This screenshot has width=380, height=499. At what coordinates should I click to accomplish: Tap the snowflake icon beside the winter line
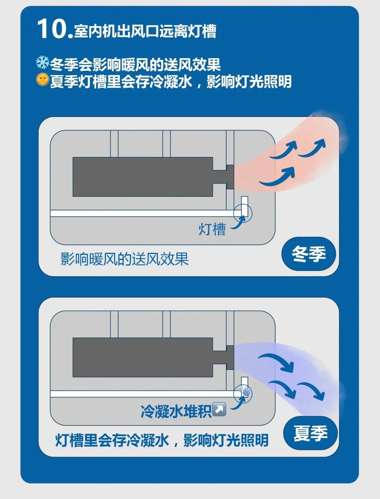tap(43, 62)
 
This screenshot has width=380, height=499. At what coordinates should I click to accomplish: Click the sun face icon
tap(43, 80)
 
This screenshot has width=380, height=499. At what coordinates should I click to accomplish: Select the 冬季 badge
tap(308, 254)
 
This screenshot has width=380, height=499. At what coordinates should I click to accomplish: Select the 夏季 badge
tap(310, 433)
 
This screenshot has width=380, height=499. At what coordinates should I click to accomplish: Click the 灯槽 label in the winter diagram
tap(212, 229)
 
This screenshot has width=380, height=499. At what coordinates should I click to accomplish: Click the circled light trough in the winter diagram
tap(243, 213)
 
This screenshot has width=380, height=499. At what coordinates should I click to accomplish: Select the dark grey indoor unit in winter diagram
tap(143, 177)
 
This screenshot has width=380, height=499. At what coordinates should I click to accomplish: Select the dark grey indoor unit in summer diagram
tap(143, 357)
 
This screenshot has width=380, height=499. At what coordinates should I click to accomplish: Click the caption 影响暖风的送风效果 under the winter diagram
tap(125, 259)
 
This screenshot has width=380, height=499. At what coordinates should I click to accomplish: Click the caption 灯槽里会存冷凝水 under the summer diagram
tap(112, 440)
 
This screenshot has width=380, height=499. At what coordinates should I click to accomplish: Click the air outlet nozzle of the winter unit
tap(230, 177)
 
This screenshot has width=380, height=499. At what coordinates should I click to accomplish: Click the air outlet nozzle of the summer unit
tap(230, 357)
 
